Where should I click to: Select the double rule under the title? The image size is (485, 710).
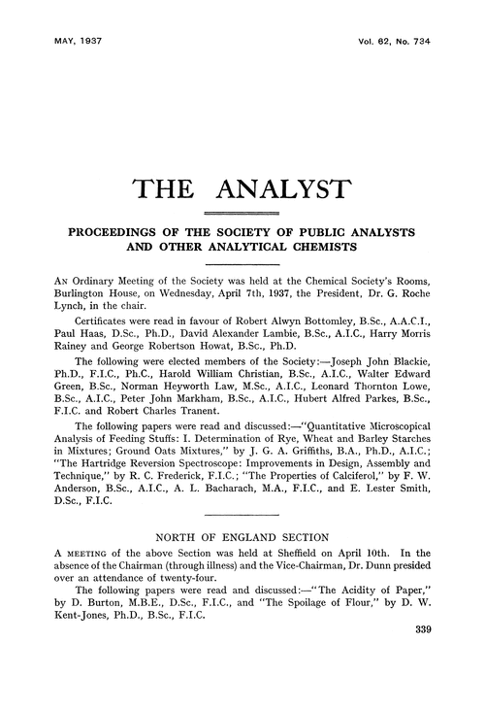[x=242, y=213]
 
